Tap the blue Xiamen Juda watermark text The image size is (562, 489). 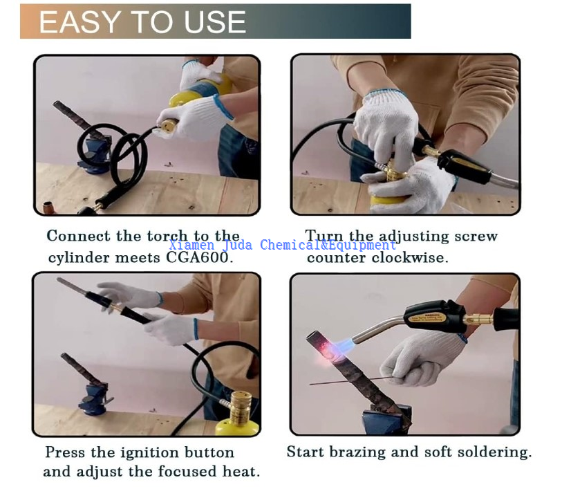point(283,245)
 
